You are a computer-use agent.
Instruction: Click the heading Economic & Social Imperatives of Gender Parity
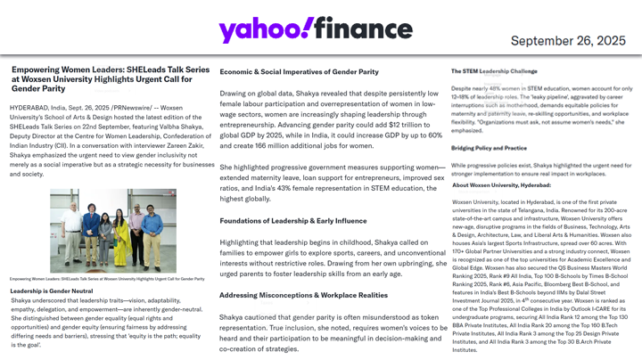(299, 71)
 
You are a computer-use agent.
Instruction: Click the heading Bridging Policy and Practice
(490, 148)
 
